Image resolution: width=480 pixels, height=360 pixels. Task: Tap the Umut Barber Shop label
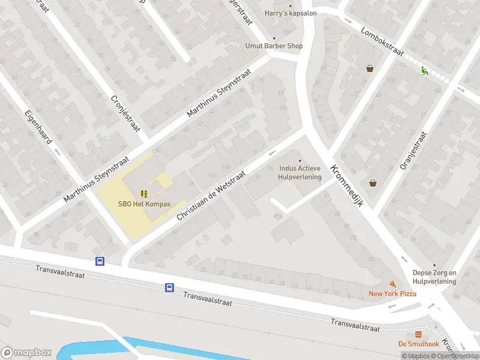click(x=274, y=46)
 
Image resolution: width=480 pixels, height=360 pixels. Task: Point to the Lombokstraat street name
click(x=383, y=41)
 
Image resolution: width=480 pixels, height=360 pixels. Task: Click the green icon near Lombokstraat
click(x=425, y=71)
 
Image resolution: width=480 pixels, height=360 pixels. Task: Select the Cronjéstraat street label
click(x=125, y=113)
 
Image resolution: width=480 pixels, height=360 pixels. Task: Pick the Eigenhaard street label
click(x=39, y=126)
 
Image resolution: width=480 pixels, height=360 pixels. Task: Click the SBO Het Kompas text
click(x=144, y=204)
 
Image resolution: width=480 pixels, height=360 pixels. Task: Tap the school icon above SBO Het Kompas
click(x=144, y=193)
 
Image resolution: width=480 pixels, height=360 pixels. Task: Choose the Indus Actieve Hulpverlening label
click(x=300, y=173)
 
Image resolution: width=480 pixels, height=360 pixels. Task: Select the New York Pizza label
click(x=392, y=293)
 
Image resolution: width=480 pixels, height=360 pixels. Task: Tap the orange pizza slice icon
click(x=392, y=283)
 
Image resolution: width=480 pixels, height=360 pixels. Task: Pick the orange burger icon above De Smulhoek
click(x=418, y=334)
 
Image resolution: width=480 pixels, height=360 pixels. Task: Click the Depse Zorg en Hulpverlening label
click(x=434, y=277)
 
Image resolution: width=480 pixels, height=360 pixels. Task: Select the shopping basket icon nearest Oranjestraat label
click(x=373, y=183)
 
